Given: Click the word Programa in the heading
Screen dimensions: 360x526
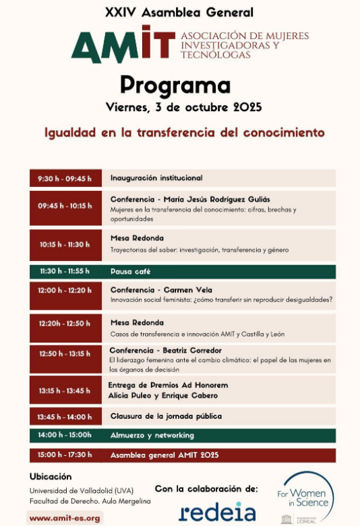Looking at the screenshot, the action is click(175, 85).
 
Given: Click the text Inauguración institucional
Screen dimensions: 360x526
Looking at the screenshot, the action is click(156, 178).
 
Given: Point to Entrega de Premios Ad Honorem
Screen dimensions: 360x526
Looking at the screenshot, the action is click(168, 385).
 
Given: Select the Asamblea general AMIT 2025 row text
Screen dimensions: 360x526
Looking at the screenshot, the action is click(164, 455).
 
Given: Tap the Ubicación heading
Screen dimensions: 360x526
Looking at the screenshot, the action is click(51, 476).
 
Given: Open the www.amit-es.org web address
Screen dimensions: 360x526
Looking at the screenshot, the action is click(65, 518).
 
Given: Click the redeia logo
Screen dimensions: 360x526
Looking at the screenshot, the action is click(217, 510).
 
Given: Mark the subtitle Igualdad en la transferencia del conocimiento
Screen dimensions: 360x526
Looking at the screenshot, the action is click(184, 133).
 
